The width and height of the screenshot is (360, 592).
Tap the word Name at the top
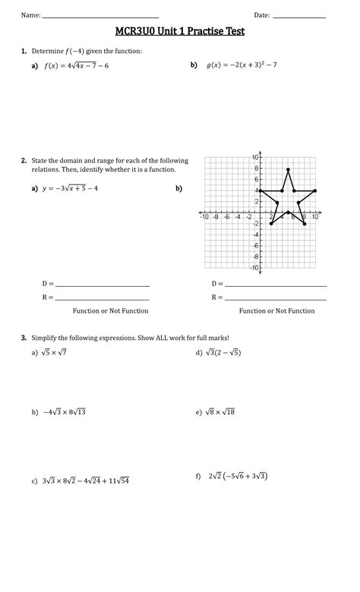[30, 15]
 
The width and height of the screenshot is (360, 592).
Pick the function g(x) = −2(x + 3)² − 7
[242, 65]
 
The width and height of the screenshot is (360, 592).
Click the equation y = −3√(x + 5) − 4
[70, 188]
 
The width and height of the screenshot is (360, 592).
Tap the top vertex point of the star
[288, 168]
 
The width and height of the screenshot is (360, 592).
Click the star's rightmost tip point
[314, 191]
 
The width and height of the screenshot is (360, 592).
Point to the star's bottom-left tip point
[271, 224]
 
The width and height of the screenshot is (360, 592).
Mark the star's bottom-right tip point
[304, 224]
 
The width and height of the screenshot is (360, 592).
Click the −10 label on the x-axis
[204, 217]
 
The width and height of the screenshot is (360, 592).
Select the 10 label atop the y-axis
[255, 157]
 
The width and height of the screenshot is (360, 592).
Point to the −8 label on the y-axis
[256, 257]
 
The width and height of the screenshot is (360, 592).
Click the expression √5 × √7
[55, 352]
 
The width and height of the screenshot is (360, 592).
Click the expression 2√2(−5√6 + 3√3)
[237, 477]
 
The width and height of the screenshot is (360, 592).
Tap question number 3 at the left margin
[24, 338]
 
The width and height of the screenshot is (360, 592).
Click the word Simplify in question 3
[45, 338]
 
